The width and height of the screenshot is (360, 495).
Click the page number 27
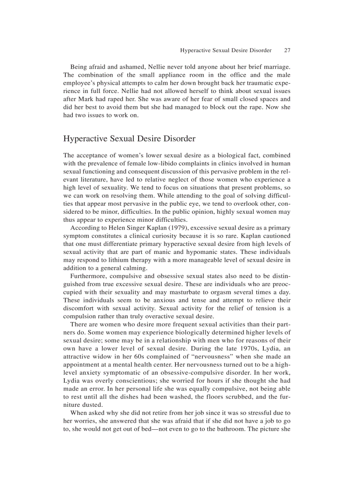pyautogui.click(x=287, y=50)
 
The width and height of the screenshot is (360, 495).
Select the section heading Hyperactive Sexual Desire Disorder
pyautogui.click(x=129, y=139)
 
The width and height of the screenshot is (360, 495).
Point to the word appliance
pyautogui.click(x=172, y=75)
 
